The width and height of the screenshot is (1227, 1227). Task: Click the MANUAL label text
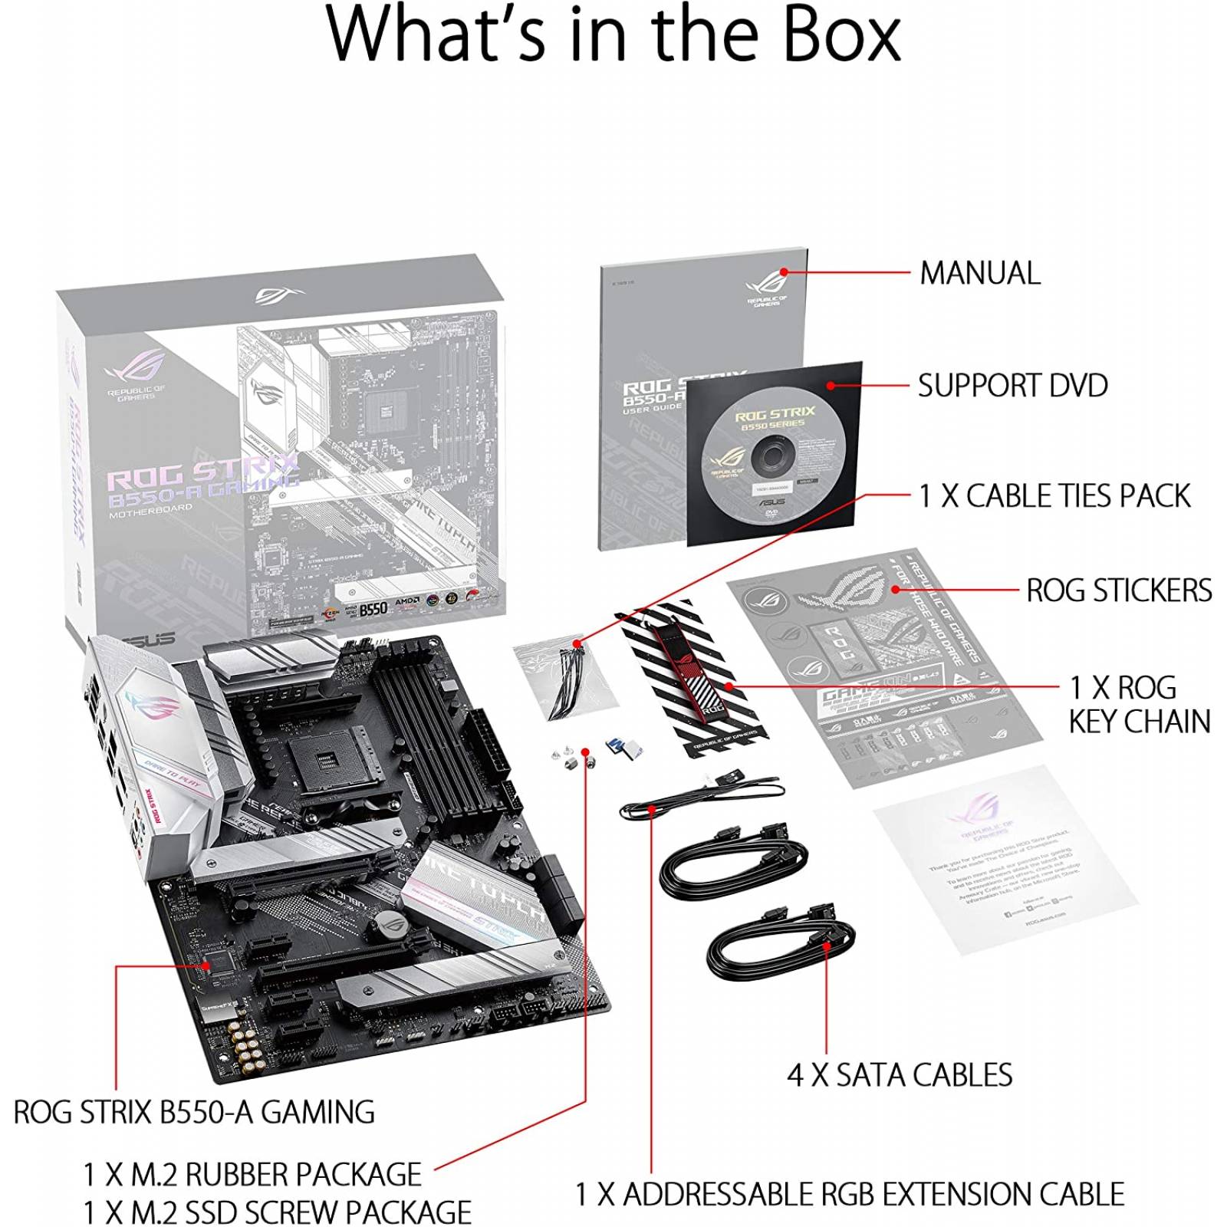[979, 273]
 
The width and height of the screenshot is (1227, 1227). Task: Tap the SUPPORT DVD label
[1012, 385]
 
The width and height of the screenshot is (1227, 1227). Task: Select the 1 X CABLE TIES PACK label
[1054, 496]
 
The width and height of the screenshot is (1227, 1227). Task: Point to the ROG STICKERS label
[1119, 590]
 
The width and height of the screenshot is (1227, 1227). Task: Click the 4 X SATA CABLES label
[900, 1075]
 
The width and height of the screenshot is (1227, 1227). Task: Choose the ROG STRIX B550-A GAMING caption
[194, 1112]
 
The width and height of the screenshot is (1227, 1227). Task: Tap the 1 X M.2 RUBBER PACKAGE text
[252, 1174]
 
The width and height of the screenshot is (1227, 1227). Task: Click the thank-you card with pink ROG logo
[1005, 859]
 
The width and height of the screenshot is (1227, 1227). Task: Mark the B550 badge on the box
[373, 608]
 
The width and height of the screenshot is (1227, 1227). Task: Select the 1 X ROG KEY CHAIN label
[1139, 704]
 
